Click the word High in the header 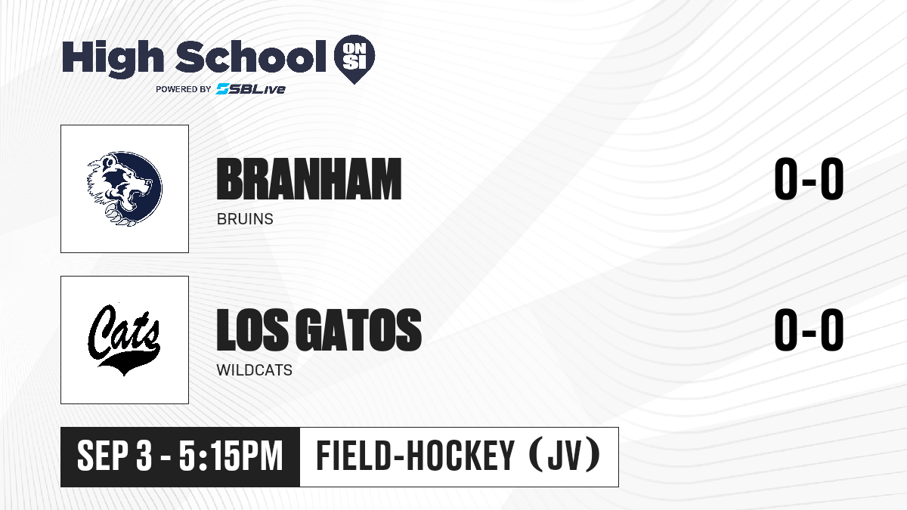113,59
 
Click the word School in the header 251,57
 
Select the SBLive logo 250,89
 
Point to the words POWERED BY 183,89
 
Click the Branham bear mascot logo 125,189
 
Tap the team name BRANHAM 309,179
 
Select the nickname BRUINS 245,219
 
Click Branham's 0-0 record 809,178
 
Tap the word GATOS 359,329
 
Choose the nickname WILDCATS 254,370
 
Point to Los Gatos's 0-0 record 809,329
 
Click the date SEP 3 115,456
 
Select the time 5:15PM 231,456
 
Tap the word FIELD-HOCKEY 415,456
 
